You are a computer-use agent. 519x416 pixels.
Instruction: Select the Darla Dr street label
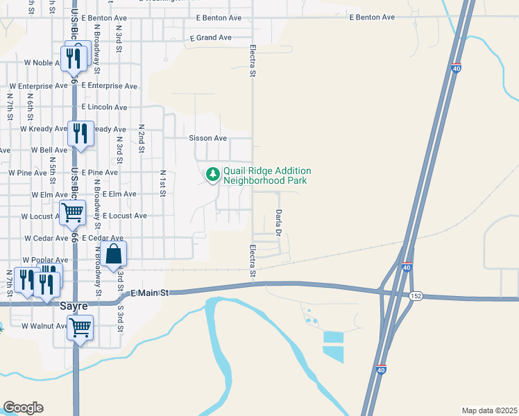[x=279, y=223]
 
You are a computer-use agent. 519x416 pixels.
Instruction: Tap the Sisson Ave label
[x=208, y=138]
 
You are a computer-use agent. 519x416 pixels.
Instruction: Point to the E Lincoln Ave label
[x=104, y=107]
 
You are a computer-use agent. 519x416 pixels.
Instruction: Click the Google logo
[x=23, y=408]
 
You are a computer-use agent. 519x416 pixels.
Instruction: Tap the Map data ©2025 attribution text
[x=489, y=410]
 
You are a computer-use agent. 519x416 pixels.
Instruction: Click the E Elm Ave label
[x=119, y=195]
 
